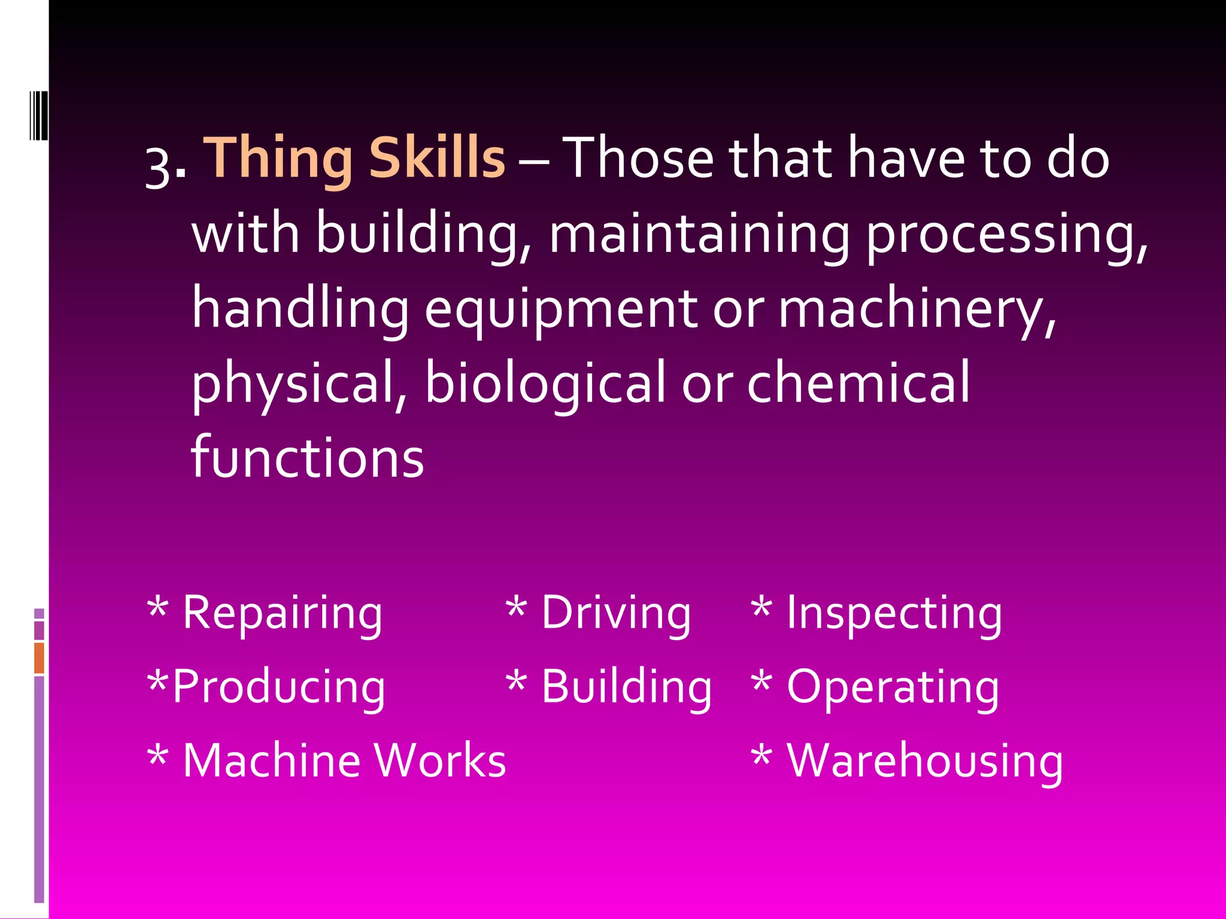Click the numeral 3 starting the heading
click(x=159, y=168)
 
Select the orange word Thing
click(x=279, y=159)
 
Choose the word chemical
click(x=858, y=383)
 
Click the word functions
click(x=308, y=458)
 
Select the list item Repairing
click(x=282, y=613)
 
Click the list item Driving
click(x=616, y=613)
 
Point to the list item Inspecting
click(x=894, y=613)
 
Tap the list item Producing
click(x=279, y=687)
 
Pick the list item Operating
click(x=893, y=687)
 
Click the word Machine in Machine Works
click(x=272, y=760)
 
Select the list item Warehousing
click(x=925, y=762)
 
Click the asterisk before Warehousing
click(x=761, y=756)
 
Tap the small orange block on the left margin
click(x=39, y=658)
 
